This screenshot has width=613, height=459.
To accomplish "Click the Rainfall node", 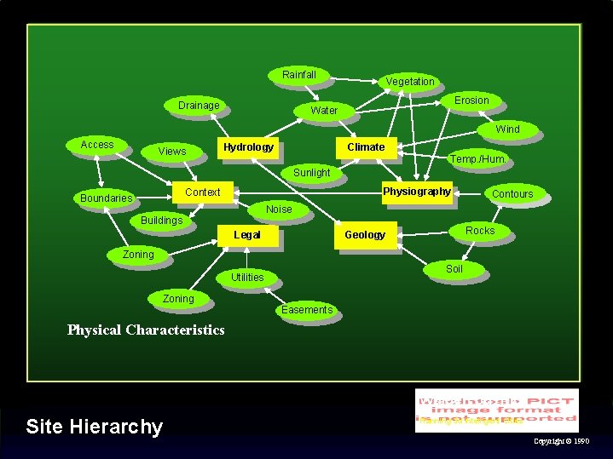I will pyautogui.click(x=299, y=75).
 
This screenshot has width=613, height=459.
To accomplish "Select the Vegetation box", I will pyautogui.click(x=410, y=82).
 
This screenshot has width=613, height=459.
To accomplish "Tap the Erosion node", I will pyautogui.click(x=471, y=100).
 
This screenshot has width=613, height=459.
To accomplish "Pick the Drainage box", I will pyautogui.click(x=199, y=106).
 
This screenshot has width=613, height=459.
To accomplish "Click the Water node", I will pyautogui.click(x=324, y=111).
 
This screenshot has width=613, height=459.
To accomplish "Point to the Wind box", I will pyautogui.click(x=507, y=129).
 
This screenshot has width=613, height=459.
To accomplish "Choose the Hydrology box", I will pyautogui.click(x=248, y=147).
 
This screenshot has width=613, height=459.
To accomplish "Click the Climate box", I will pyautogui.click(x=366, y=147).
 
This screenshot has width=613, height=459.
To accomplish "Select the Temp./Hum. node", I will pyautogui.click(x=478, y=159).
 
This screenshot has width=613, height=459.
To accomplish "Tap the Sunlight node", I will pyautogui.click(x=311, y=173).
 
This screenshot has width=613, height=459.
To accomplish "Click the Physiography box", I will pyautogui.click(x=417, y=192).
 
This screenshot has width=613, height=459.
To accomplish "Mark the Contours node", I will pyautogui.click(x=512, y=194).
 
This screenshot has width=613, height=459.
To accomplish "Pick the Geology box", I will pyautogui.click(x=365, y=235).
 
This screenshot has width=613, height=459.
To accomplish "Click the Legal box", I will pyautogui.click(x=247, y=235).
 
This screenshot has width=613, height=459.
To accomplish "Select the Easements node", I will pyautogui.click(x=307, y=310).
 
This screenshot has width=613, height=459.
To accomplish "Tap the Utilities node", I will pyautogui.click(x=247, y=278).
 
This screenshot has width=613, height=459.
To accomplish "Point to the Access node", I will pyautogui.click(x=97, y=145).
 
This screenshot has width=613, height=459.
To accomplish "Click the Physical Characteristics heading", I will pyautogui.click(x=146, y=330).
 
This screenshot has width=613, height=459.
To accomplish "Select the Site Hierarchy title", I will pyautogui.click(x=95, y=426).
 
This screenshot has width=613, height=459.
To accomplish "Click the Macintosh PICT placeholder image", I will pyautogui.click(x=496, y=410).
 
